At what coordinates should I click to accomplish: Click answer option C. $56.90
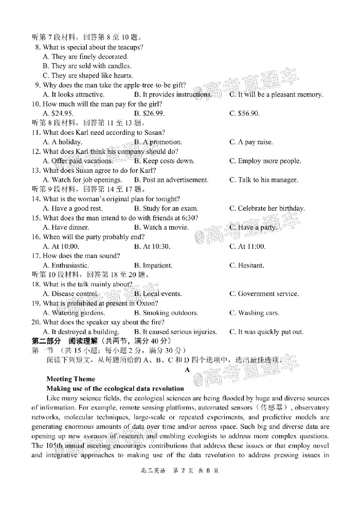[244, 114]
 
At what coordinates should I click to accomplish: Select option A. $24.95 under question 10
[58, 114]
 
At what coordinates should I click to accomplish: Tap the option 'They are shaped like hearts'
[88, 76]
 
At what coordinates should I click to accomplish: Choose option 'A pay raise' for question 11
[251, 142]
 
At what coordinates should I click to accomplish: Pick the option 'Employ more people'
[265, 161]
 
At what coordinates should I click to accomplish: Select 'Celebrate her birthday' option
[267, 208]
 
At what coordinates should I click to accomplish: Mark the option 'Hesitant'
[246, 266]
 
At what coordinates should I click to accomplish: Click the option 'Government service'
[264, 294]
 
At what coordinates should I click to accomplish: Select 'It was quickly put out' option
[266, 332]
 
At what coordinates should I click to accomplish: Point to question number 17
[36, 256]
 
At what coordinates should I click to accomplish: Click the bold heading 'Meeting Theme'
[71, 379]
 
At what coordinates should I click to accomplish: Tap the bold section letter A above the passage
[187, 370]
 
